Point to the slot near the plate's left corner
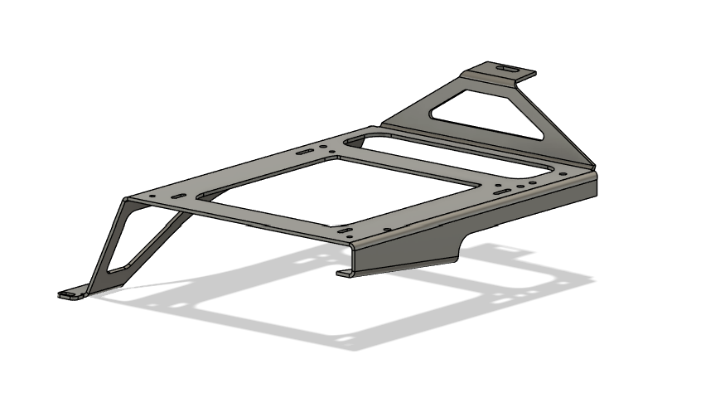(177, 196)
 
